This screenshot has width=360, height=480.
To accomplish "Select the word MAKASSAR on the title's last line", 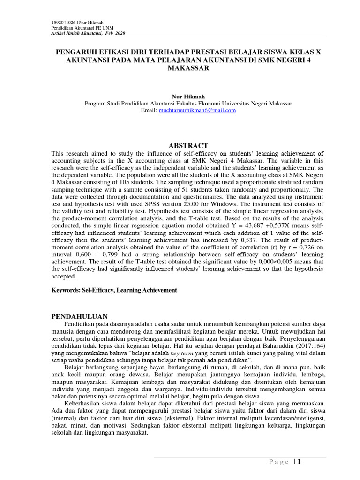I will [187, 68].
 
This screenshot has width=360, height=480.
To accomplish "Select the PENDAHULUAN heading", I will [80, 316].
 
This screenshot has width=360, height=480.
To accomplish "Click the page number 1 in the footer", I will [298, 462].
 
